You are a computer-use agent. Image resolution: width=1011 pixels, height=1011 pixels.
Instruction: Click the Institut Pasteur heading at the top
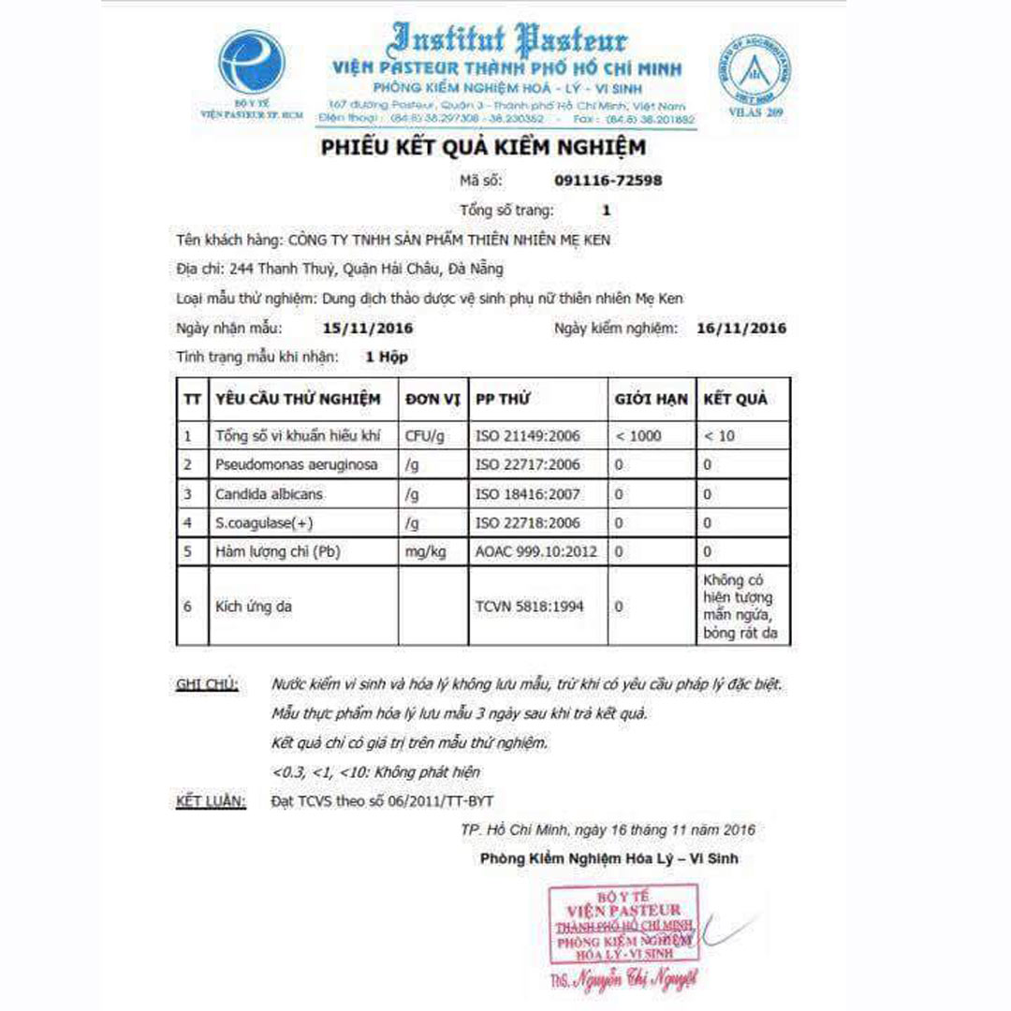click(508, 39)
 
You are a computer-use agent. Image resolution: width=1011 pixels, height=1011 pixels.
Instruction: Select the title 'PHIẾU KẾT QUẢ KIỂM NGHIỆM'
click(483, 148)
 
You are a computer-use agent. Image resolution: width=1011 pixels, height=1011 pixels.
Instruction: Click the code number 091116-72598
click(608, 180)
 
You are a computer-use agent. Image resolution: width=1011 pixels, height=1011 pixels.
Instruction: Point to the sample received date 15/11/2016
click(367, 329)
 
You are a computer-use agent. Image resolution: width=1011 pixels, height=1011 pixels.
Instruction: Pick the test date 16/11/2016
click(741, 329)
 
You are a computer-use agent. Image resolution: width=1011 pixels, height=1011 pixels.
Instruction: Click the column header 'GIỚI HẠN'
click(651, 399)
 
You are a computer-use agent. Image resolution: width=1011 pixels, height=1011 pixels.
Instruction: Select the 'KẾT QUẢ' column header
click(735, 399)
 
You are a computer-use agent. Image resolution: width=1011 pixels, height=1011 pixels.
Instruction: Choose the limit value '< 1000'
click(637, 435)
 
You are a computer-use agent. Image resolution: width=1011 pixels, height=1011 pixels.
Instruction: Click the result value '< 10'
click(720, 435)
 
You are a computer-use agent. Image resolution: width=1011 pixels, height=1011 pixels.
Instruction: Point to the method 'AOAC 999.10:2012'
click(536, 551)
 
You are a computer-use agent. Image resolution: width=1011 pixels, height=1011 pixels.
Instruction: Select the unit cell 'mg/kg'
click(426, 551)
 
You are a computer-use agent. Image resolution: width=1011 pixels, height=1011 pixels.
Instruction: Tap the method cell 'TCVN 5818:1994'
click(530, 607)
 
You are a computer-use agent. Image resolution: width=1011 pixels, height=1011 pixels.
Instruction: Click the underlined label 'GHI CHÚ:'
click(207, 684)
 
